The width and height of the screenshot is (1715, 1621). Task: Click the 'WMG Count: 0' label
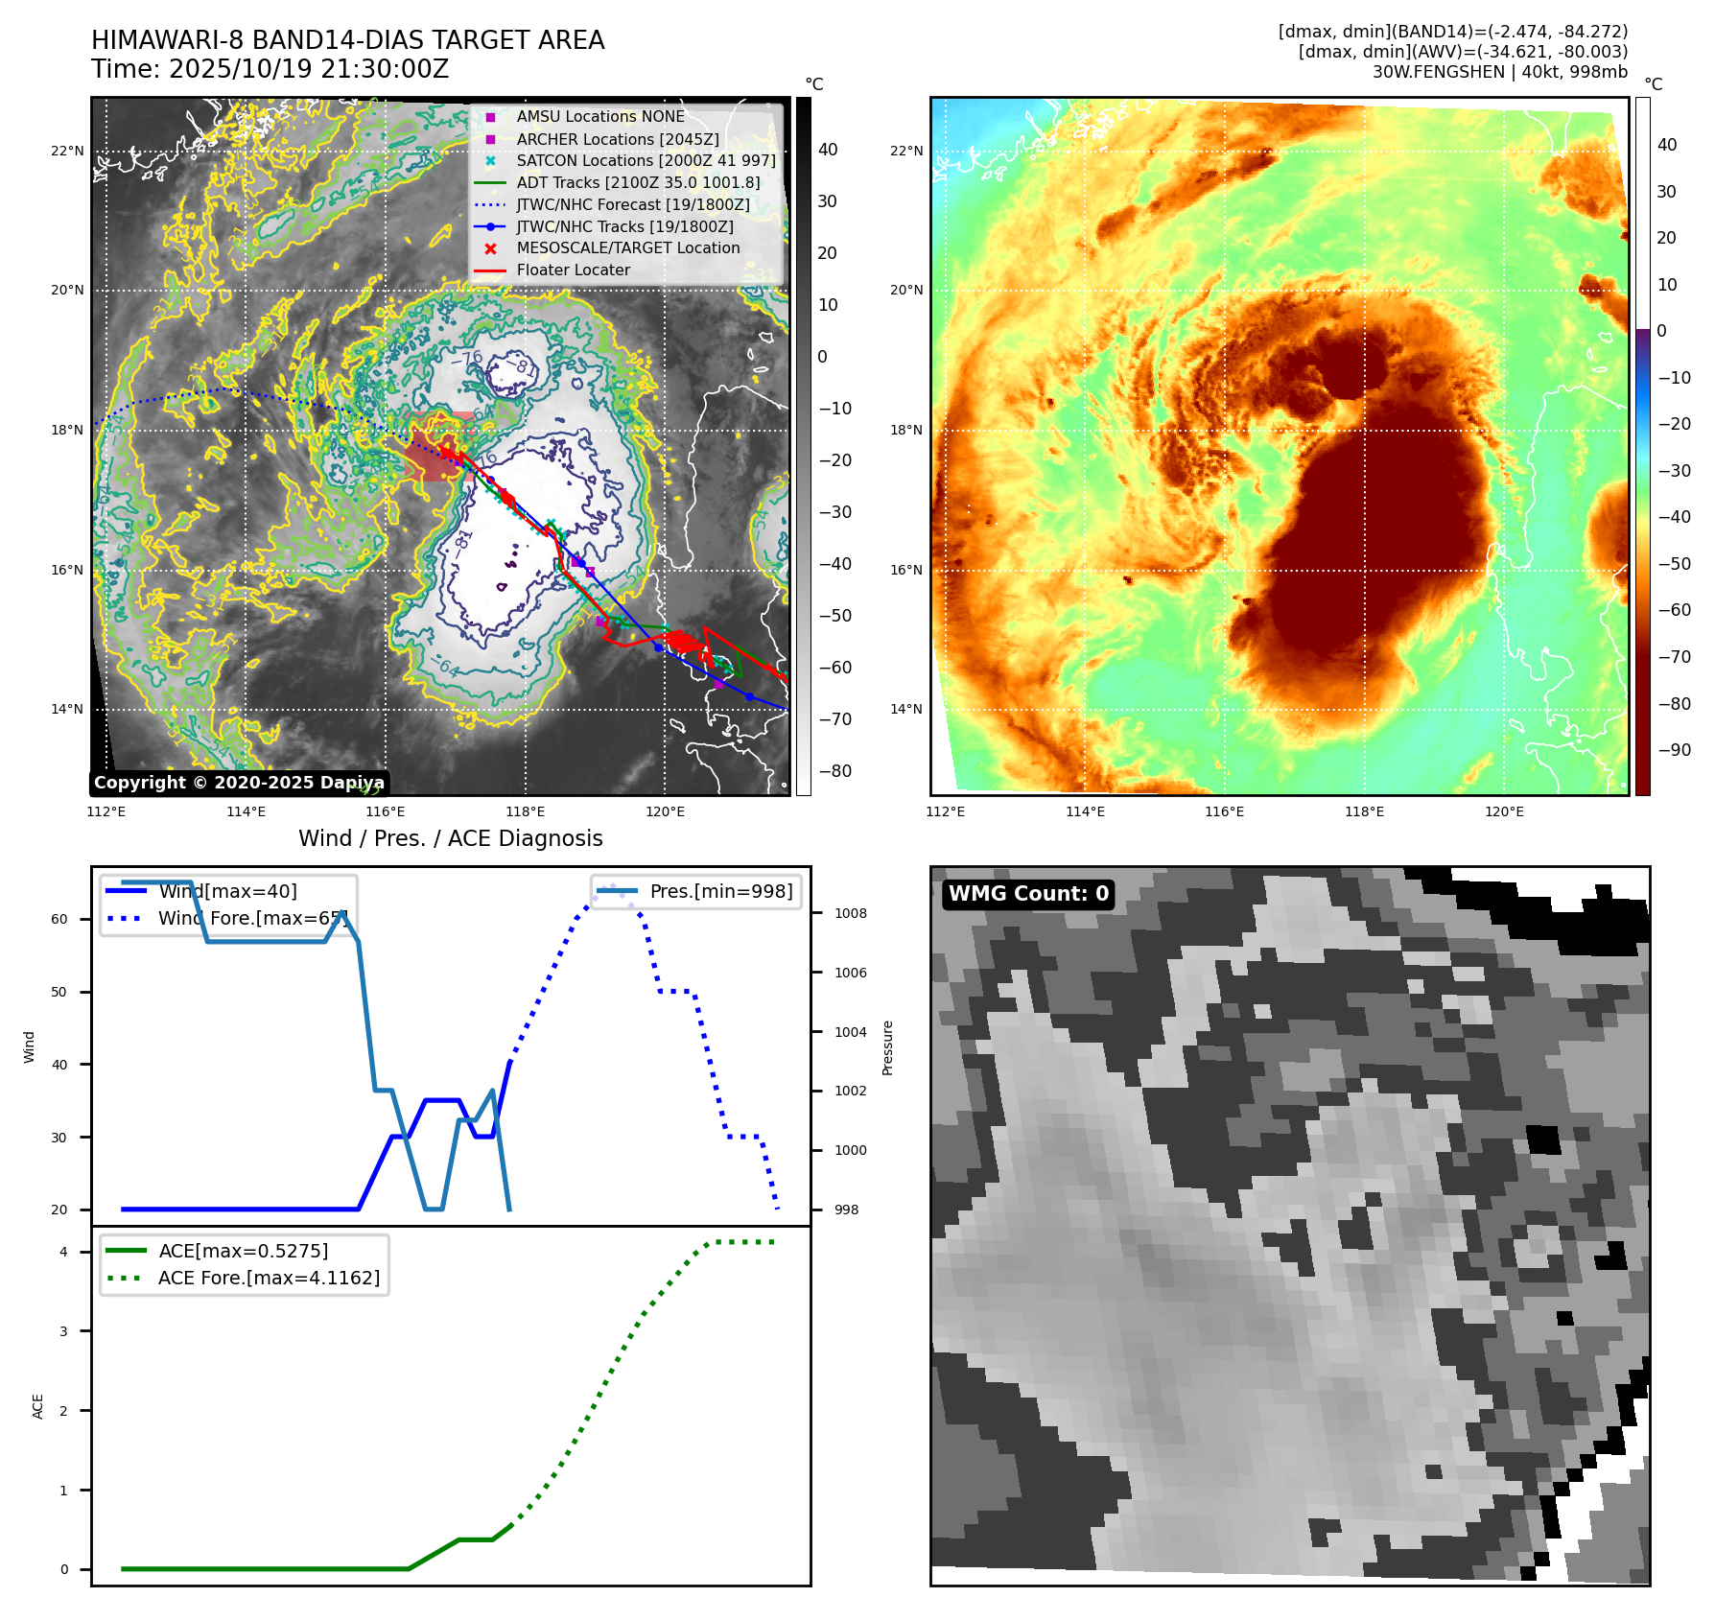point(1027,894)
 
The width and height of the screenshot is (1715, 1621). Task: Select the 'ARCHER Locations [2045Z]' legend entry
point(617,139)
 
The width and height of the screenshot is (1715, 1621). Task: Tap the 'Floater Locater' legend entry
point(573,270)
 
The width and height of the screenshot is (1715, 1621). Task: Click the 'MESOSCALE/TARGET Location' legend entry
point(627,248)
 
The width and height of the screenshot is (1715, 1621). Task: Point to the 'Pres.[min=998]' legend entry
point(720,891)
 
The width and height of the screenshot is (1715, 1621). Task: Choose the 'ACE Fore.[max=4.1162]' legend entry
point(269,1278)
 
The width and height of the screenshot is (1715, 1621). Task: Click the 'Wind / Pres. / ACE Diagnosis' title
point(450,838)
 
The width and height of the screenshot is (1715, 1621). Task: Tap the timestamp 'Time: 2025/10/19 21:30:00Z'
point(270,69)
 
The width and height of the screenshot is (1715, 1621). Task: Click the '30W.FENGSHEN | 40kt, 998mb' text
point(1499,72)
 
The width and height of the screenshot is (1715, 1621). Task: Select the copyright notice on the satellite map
point(239,783)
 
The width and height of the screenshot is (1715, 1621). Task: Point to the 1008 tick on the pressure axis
point(850,913)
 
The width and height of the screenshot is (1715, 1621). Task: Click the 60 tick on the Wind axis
point(59,919)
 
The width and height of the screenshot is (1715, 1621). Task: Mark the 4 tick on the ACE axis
point(63,1252)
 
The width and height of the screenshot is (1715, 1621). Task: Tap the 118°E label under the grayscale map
point(525,811)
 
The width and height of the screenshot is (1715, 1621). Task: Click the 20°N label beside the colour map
point(906,290)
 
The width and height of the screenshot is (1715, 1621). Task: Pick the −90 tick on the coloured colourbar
point(1675,750)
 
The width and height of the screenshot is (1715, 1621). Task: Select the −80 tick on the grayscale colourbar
point(834,771)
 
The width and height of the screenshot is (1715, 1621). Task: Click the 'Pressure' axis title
point(887,1047)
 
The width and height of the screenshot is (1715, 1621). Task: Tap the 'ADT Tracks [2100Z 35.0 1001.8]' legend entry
point(638,182)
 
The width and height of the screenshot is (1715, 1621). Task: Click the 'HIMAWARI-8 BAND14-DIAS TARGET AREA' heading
point(347,40)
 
